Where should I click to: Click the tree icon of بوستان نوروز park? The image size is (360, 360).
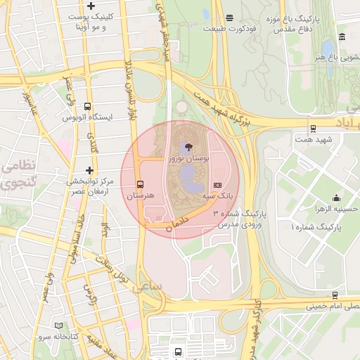[x=186, y=147]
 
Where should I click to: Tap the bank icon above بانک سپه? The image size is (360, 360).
[x=217, y=184]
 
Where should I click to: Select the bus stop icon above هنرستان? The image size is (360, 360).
[x=139, y=184]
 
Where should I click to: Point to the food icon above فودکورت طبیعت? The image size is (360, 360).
[x=230, y=18]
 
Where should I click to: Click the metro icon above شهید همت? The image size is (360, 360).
[x=313, y=129]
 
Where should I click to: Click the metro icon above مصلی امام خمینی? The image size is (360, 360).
[x=335, y=295]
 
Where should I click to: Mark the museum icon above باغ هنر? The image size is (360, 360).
[x=341, y=37]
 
